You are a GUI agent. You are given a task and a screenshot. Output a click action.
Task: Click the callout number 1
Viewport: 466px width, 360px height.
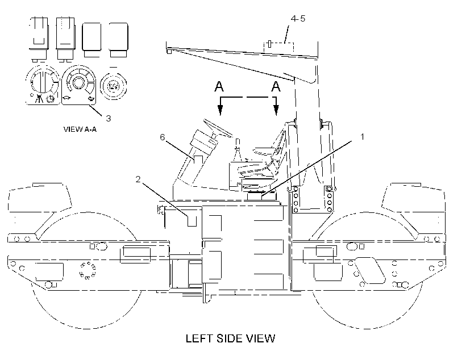coord(362,137)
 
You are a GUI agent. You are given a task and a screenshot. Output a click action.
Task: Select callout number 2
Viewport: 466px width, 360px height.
coord(138,179)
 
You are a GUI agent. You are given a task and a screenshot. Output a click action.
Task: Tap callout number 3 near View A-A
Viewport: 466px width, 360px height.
coord(109,118)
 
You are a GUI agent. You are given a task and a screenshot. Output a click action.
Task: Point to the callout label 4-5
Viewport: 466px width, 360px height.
coord(298,18)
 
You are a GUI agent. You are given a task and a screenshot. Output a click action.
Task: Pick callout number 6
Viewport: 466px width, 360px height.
coord(163,137)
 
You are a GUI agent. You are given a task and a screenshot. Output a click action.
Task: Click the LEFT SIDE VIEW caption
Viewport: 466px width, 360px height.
coord(230,338)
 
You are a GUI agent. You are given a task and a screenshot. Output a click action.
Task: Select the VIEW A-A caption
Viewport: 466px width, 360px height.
coord(80,129)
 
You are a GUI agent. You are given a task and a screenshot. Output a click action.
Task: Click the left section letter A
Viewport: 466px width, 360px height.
coord(219,86)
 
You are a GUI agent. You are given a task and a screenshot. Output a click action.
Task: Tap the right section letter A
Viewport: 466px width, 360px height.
coord(276,86)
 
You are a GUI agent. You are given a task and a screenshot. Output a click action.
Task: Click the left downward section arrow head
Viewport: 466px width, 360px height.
coord(220,110)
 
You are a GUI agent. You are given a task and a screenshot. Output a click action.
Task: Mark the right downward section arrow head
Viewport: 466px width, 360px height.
coord(276,110)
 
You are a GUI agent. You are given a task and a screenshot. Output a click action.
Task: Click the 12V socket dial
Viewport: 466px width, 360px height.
coord(113,86)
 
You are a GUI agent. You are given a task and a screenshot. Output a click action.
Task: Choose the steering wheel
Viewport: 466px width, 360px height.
coord(218,128)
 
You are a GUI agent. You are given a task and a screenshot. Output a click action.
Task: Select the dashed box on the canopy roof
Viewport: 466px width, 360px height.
coord(279,48)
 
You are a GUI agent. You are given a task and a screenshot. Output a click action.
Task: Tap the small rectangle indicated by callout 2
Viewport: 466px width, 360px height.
coord(192,221)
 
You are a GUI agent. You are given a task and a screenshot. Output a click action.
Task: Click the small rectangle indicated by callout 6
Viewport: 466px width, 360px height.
coord(198,159)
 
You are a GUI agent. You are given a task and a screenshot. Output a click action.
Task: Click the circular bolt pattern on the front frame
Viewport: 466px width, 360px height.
coord(88,271)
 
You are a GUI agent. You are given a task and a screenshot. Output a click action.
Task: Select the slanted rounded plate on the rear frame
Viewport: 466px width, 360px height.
coord(370,271)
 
